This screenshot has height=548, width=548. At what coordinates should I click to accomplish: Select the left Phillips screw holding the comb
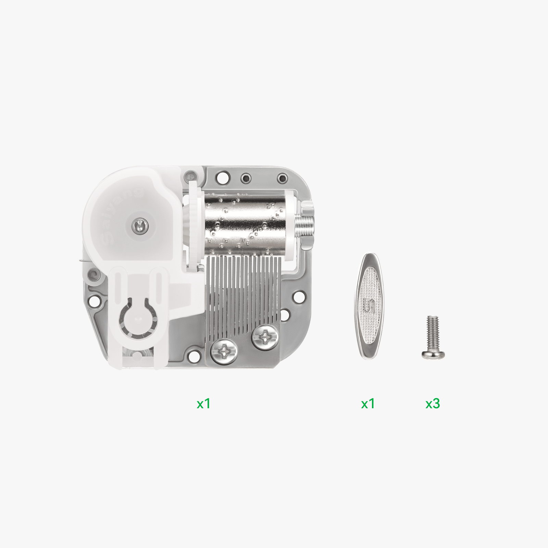click(224, 351)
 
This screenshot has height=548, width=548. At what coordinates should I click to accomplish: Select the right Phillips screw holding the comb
click(265, 338)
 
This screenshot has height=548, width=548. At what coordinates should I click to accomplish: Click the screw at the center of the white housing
click(140, 225)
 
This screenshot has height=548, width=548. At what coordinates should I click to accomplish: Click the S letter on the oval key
click(369, 305)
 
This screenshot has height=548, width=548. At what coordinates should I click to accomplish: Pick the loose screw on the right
click(433, 337)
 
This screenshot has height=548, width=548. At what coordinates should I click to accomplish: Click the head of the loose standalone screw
click(433, 354)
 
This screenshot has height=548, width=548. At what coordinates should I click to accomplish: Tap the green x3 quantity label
click(433, 403)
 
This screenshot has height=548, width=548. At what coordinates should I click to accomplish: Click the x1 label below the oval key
click(368, 403)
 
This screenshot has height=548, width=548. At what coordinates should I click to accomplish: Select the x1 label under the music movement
click(203, 403)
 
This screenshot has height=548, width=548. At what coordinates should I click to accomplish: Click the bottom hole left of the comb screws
click(194, 357)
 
